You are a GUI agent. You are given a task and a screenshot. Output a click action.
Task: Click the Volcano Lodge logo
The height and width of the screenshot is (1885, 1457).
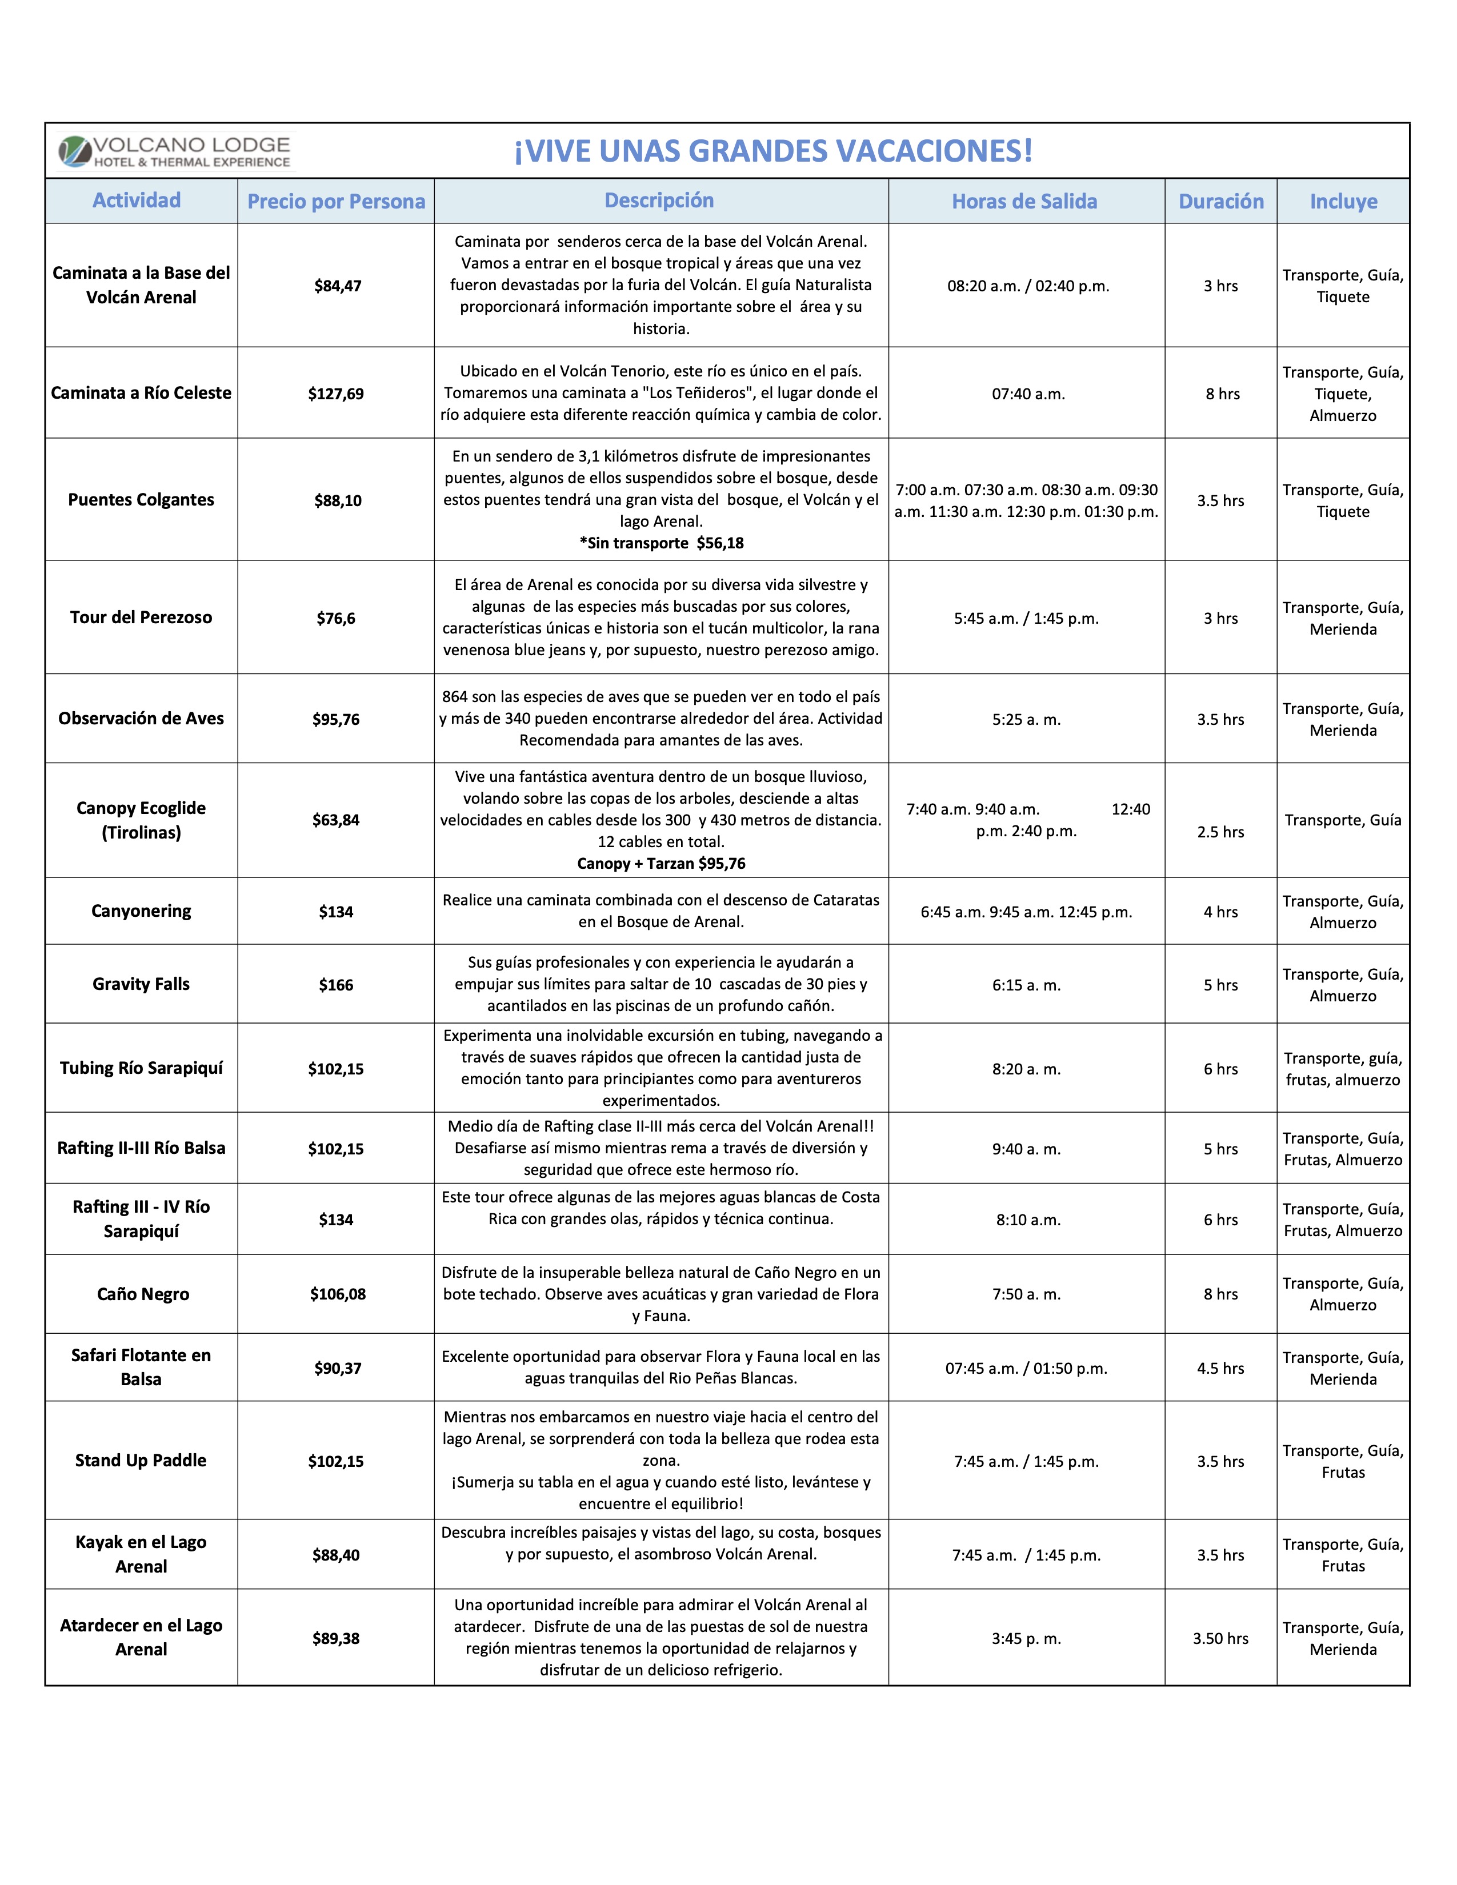point(174,151)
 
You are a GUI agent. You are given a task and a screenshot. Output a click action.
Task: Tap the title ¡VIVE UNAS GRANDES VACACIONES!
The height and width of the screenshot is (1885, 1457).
point(774,151)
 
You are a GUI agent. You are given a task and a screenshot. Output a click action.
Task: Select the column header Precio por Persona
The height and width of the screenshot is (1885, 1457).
point(336,201)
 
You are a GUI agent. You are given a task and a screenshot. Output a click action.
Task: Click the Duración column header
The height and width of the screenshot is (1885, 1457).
point(1220,201)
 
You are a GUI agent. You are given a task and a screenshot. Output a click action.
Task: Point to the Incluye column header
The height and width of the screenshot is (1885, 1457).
point(1343,201)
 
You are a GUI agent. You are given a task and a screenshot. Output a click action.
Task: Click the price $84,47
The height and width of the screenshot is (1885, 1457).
point(338,286)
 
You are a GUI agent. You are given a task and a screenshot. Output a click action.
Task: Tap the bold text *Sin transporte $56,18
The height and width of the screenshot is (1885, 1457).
point(661,543)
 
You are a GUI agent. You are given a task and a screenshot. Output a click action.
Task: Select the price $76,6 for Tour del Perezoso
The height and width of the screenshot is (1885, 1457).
point(336,618)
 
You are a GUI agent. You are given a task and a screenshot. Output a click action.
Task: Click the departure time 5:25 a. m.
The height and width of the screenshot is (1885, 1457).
point(1026,719)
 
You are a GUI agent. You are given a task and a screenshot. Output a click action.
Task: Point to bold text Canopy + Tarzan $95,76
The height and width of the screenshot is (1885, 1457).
point(661,863)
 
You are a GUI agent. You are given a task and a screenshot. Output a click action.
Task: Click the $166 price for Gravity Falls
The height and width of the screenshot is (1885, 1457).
point(336,985)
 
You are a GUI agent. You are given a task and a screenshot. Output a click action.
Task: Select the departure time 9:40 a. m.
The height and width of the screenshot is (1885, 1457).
point(1026,1149)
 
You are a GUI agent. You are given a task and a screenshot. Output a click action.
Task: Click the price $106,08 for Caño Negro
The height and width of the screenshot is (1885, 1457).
point(338,1294)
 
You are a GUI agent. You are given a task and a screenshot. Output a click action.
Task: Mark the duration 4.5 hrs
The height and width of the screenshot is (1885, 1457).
point(1220,1368)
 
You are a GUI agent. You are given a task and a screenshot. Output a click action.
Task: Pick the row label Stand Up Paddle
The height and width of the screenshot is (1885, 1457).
point(141,1461)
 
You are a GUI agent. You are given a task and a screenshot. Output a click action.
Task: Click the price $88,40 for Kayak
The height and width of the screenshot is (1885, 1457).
point(336,1554)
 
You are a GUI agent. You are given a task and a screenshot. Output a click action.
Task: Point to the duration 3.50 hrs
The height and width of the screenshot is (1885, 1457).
point(1220,1638)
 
